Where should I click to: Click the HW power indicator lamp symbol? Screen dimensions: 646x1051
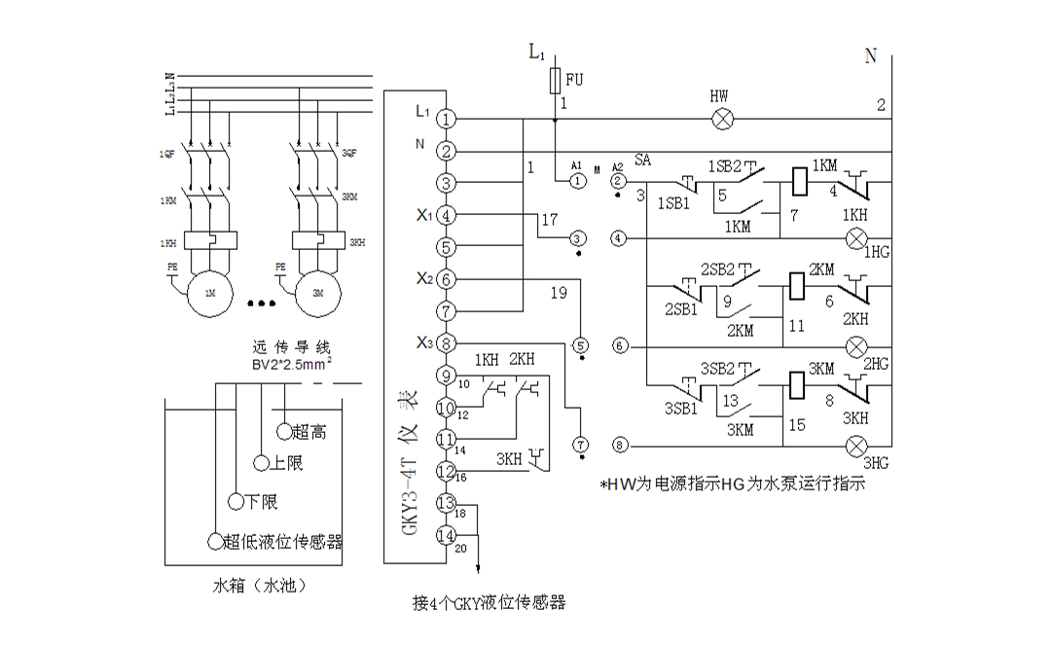coord(723,119)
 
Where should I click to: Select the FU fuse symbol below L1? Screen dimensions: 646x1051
coord(555,79)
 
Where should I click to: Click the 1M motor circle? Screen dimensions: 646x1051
coord(209,293)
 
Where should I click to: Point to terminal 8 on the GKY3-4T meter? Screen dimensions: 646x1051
coord(446,342)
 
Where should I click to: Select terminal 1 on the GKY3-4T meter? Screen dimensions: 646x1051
coord(446,119)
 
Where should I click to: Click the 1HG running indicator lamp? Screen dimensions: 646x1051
coord(856,237)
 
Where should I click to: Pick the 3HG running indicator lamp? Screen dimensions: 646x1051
coord(856,446)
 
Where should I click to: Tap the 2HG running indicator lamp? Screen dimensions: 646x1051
coord(856,345)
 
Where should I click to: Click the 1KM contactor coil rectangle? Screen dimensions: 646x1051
coord(796,181)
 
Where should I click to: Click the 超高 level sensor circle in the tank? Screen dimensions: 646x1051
coord(284,430)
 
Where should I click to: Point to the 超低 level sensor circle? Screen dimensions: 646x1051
coord(214,541)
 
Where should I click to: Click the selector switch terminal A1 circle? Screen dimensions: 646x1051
coord(576,180)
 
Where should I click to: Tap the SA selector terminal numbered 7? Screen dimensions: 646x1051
coord(581,445)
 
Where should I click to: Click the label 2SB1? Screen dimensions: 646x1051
coord(681,308)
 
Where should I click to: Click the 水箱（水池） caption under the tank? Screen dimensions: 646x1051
coord(262,587)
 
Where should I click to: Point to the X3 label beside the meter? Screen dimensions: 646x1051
coord(423,341)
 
